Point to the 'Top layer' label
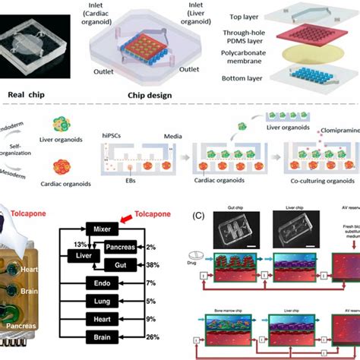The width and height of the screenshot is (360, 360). (261, 15)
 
